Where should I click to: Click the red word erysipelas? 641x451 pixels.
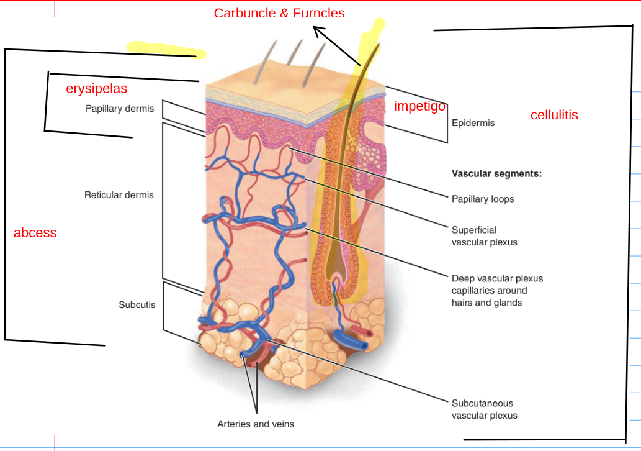click(96, 89)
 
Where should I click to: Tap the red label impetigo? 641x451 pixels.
click(419, 106)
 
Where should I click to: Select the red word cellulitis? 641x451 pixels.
click(554, 115)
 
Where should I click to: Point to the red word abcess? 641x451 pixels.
click(35, 233)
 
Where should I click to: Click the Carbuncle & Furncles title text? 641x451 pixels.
click(279, 13)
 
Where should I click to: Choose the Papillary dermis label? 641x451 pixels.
click(120, 109)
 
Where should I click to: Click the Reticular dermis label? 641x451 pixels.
click(119, 195)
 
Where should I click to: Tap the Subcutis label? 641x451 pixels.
click(137, 305)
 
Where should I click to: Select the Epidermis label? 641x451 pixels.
click(473, 123)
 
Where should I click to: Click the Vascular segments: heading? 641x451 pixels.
click(496, 174)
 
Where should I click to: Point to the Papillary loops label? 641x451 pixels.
click(483, 199)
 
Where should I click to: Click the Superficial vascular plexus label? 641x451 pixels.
click(484, 236)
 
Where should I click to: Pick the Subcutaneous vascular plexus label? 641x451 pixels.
click(484, 409)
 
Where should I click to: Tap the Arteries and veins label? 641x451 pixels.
click(256, 424)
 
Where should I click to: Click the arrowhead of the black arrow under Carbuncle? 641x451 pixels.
click(317, 29)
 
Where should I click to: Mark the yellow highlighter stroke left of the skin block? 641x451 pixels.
click(164, 49)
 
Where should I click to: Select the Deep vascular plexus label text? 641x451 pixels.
click(497, 290)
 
